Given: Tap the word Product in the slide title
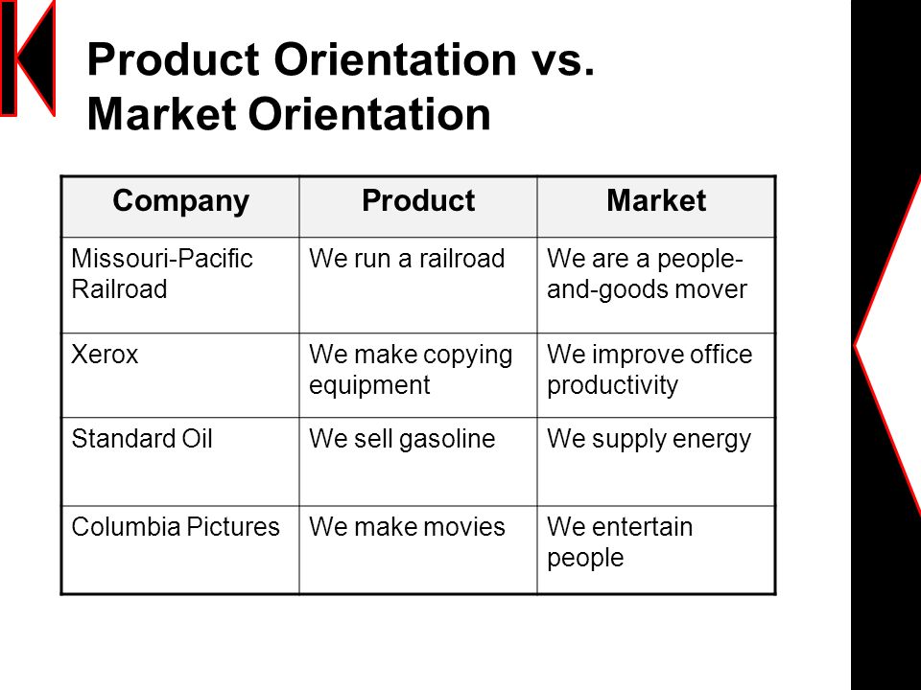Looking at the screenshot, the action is pyautogui.click(x=174, y=59).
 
